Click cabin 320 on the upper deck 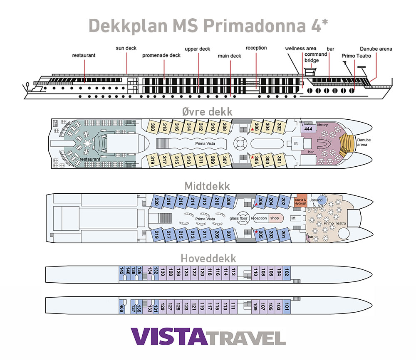click(153, 126)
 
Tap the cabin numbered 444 click(308, 129)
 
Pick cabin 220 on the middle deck click(156, 202)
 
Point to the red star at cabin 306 click(252, 130)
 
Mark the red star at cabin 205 click(256, 232)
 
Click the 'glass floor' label click(238, 219)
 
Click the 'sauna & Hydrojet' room click(301, 201)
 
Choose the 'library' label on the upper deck click(322, 125)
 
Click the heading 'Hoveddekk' click(208, 259)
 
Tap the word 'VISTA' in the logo click(169, 337)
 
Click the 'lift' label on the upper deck click(296, 143)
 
